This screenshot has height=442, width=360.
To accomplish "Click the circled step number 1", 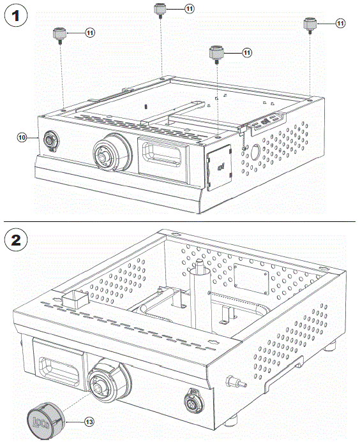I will point(16,16).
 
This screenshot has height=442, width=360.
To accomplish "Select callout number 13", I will point(89,421).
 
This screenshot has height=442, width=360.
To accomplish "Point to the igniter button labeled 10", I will point(49,140).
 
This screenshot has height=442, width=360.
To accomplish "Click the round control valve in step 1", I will point(105,154).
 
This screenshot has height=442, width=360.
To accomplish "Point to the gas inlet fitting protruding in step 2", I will point(234,383).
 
